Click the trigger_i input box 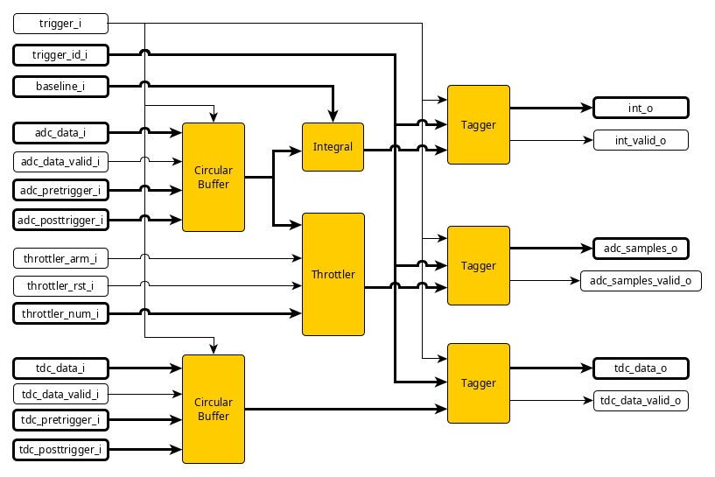tap(60, 24)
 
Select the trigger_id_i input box tap(60, 54)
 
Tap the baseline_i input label tap(60, 86)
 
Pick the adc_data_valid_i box tap(60, 161)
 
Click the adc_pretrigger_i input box tap(60, 189)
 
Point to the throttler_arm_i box tap(60, 258)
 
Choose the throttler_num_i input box tap(60, 313)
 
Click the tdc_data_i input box tap(60, 368)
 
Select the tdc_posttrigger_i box tap(60, 450)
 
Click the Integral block tap(333, 147)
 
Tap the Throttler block tap(333, 274)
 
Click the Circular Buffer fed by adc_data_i tap(213, 178)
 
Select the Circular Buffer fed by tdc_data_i tap(213, 409)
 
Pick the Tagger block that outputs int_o tap(478, 124)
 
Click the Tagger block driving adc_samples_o tap(478, 265)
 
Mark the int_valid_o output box tap(641, 139)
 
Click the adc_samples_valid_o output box tap(641, 280)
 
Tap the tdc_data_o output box tap(641, 368)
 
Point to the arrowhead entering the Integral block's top tap(333, 117)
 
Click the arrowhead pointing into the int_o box tap(588, 109)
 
